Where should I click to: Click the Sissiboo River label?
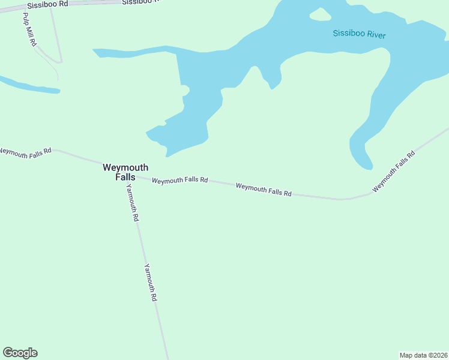(x=359, y=35)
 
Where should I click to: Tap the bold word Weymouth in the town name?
(x=125, y=167)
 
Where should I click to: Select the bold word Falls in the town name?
(x=125, y=177)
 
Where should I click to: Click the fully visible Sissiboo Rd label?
(x=47, y=4)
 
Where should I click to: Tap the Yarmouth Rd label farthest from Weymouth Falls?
(x=150, y=282)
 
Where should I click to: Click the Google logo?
(x=20, y=353)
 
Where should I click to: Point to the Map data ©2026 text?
(x=423, y=355)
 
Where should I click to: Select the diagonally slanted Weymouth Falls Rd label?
(x=393, y=172)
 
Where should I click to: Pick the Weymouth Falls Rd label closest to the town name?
(x=179, y=180)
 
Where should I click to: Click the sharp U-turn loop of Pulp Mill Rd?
(x=59, y=61)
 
